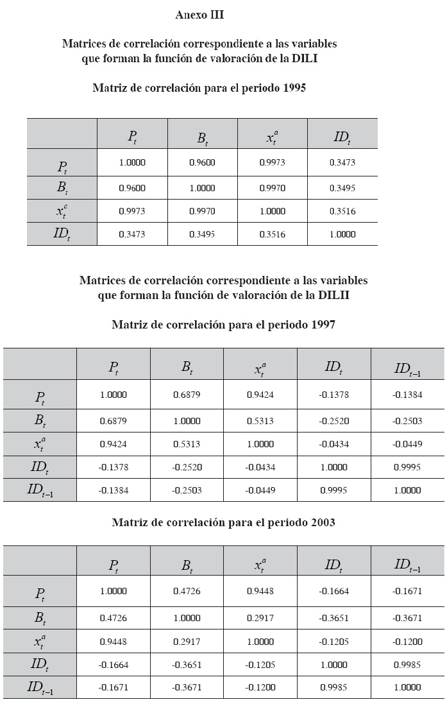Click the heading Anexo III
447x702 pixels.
[199, 13]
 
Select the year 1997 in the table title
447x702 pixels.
[322, 325]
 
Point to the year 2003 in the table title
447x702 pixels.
[322, 522]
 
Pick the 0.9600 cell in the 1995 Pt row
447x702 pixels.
[202, 162]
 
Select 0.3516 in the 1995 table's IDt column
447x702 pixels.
[342, 211]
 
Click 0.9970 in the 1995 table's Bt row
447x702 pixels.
[272, 189]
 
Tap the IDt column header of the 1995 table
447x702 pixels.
[342, 136]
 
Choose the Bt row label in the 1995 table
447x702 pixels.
[62, 189]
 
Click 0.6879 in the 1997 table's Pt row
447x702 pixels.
[187, 395]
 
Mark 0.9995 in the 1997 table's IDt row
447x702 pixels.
[407, 467]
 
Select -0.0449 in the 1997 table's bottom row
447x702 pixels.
[260, 490]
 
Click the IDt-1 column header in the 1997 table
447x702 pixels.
[407, 368]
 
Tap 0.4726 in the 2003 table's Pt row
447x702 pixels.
[187, 591]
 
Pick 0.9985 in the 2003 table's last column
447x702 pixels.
[407, 663]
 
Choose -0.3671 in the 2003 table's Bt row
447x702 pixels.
[407, 615]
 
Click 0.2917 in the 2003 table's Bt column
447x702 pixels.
[187, 640]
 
